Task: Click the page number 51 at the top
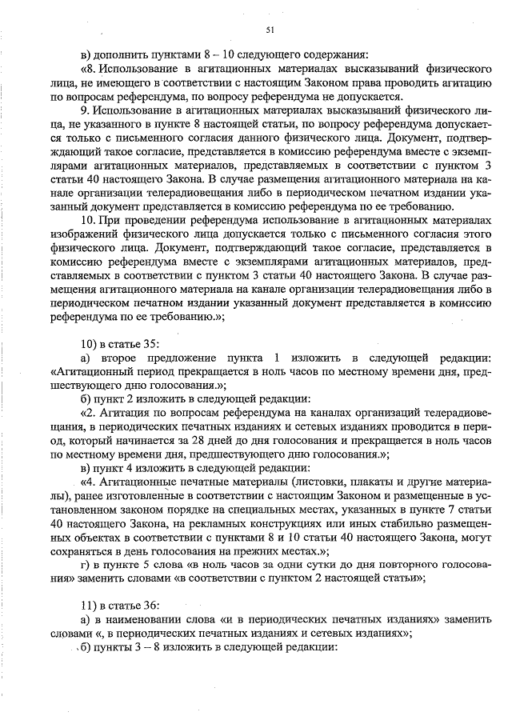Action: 270,30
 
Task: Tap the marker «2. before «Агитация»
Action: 89,413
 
